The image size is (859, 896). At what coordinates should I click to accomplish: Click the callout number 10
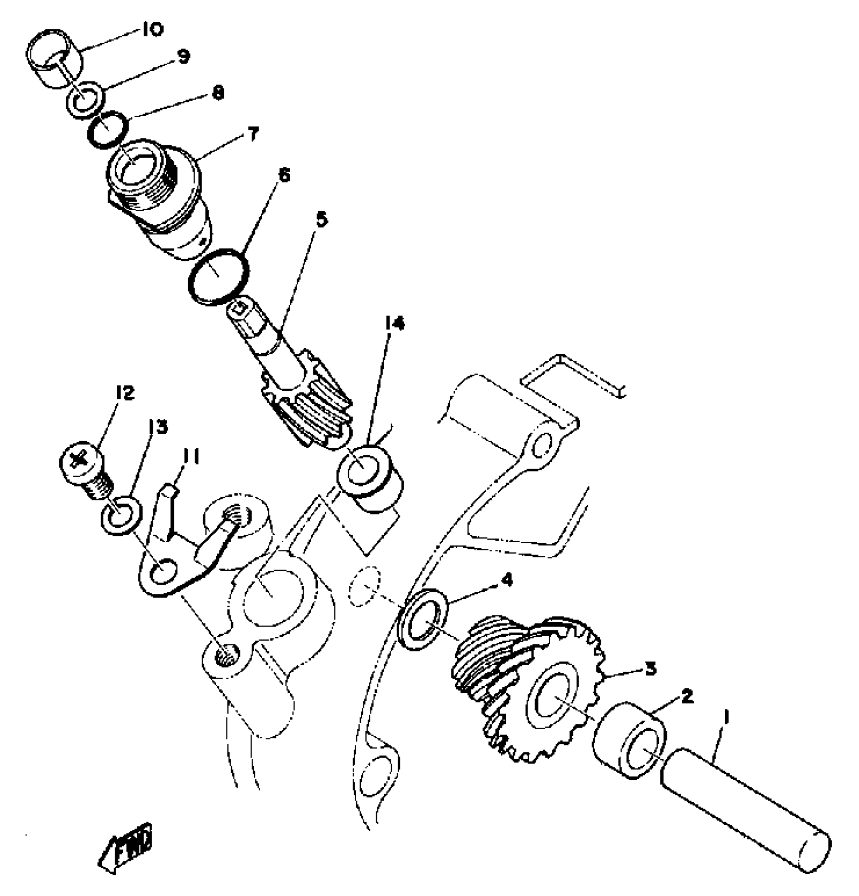[150, 30]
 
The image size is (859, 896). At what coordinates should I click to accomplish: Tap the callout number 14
[394, 324]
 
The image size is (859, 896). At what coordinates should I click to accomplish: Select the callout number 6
[283, 176]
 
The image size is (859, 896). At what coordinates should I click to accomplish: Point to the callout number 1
[726, 716]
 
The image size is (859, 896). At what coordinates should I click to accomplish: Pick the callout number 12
[125, 393]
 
